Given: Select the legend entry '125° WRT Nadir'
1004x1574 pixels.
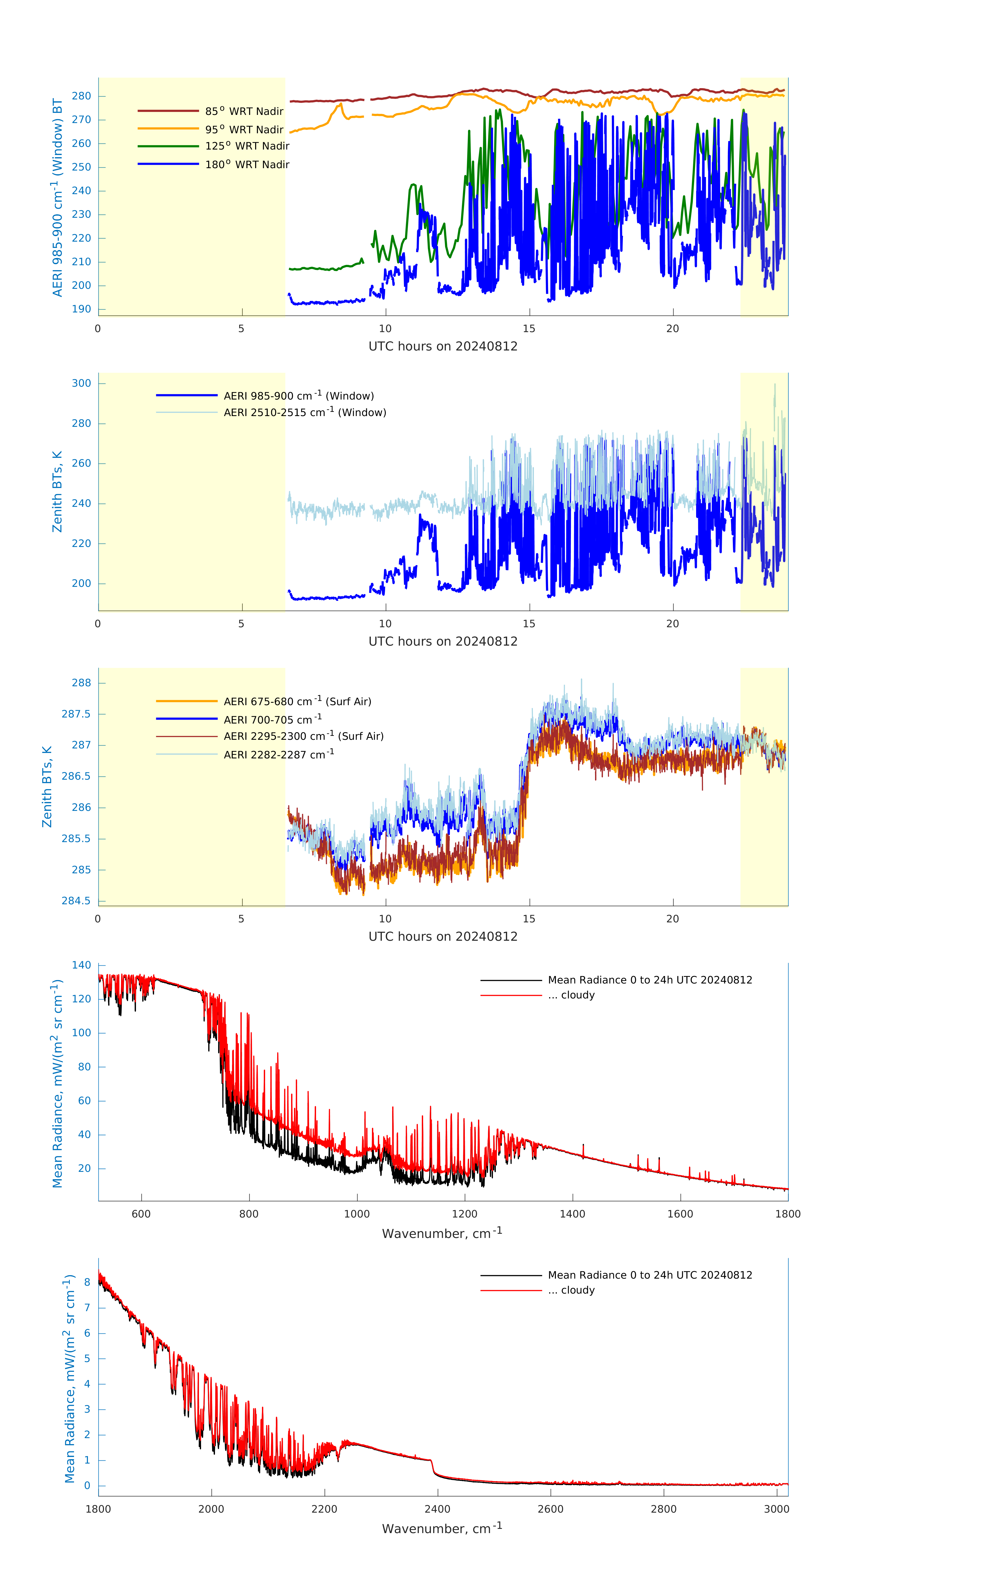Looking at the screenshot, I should tap(246, 146).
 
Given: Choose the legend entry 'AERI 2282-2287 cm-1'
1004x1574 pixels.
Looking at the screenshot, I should tap(279, 754).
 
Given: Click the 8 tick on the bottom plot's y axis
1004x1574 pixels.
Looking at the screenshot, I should tap(87, 1282).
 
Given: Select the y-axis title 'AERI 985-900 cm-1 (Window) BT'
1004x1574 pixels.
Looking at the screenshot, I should tap(57, 197).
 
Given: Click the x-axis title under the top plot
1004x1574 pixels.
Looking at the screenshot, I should tap(443, 347).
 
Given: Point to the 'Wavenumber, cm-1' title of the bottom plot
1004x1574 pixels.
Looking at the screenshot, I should tap(442, 1528).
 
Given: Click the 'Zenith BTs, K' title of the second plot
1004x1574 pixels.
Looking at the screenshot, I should tap(57, 492).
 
